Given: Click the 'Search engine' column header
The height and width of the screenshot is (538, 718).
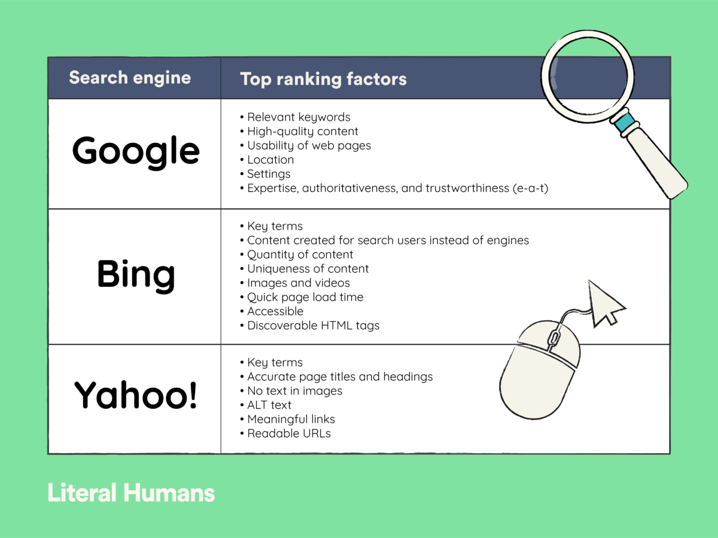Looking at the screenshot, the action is (130, 78).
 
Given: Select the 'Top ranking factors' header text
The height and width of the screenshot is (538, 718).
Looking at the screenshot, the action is (323, 80).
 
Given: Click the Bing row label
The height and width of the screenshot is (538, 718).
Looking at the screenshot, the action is (136, 275).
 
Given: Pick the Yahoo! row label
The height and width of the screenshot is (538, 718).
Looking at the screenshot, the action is (136, 395).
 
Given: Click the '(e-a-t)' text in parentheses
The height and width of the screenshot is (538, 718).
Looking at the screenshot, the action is (530, 188).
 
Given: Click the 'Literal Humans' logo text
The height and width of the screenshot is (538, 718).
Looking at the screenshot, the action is (131, 493).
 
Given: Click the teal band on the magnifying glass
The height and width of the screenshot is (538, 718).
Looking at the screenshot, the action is (625, 122).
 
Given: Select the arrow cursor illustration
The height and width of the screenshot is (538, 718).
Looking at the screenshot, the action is (605, 303).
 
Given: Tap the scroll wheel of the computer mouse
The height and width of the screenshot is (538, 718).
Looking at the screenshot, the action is (553, 338).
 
